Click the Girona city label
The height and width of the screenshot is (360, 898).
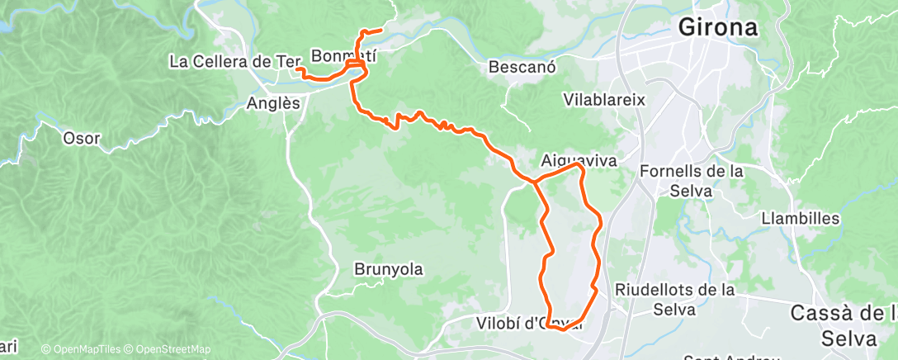(717, 26)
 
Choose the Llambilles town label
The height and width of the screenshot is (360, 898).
(801, 219)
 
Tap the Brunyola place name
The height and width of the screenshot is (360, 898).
(388, 268)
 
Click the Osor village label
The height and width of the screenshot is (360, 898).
(81, 138)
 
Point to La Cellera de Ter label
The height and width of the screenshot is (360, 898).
(232, 61)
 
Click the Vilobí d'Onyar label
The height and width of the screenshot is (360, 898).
(528, 322)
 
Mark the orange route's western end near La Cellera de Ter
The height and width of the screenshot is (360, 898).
(295, 69)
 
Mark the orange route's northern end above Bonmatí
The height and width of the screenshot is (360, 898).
(380, 31)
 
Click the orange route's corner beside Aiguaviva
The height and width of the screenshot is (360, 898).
(580, 165)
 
